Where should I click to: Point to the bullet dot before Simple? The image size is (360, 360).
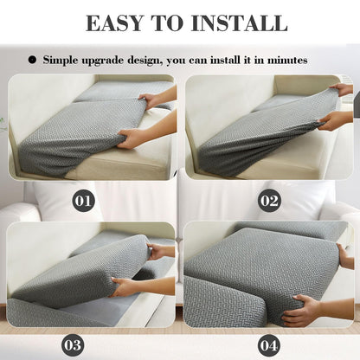[x=32, y=61]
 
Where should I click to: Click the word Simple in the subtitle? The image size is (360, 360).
[x=61, y=61]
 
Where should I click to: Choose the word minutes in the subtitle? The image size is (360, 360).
[x=285, y=61]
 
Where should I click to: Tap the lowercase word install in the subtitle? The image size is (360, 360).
[x=228, y=61]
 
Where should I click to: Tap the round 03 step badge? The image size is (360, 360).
[x=72, y=344]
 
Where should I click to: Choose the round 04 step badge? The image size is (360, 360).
[x=269, y=344]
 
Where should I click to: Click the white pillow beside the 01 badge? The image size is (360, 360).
[x=61, y=201]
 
